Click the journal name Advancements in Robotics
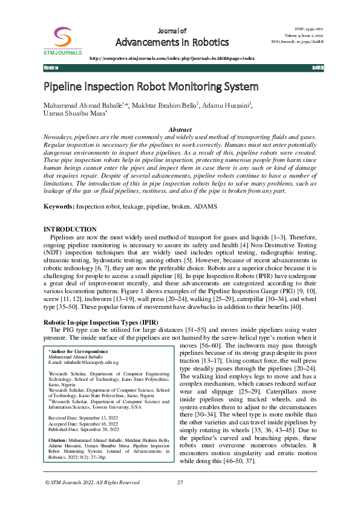coord(172,42)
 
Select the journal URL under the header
coord(172,58)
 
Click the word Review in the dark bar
coord(51,68)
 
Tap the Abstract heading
coord(180,130)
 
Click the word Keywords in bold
coord(59,207)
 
